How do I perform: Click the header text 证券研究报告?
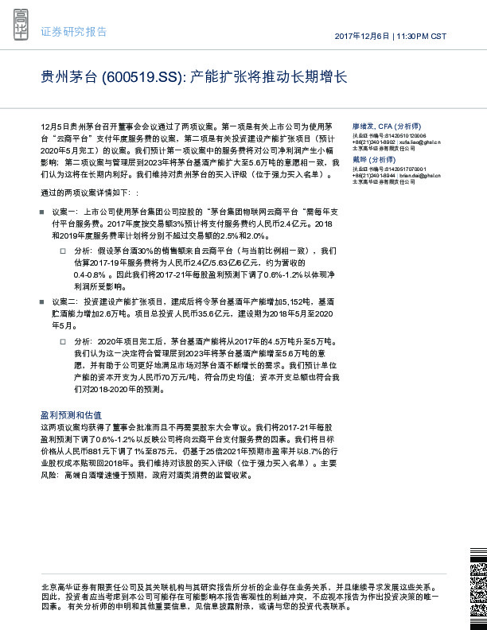coord(73,32)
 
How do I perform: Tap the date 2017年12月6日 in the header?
coord(362,37)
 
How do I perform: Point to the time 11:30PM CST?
coord(421,37)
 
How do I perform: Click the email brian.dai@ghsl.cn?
coord(417,175)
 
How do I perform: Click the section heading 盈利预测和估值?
coord(71,415)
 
